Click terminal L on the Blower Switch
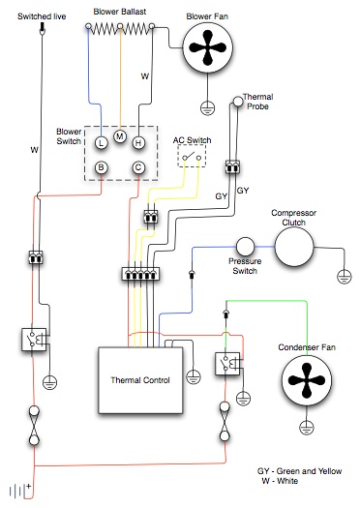point(101,142)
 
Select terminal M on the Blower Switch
point(120,135)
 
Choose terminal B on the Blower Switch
point(101,167)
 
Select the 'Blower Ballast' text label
point(119,10)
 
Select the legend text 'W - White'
point(280,481)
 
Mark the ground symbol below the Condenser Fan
point(307,428)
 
